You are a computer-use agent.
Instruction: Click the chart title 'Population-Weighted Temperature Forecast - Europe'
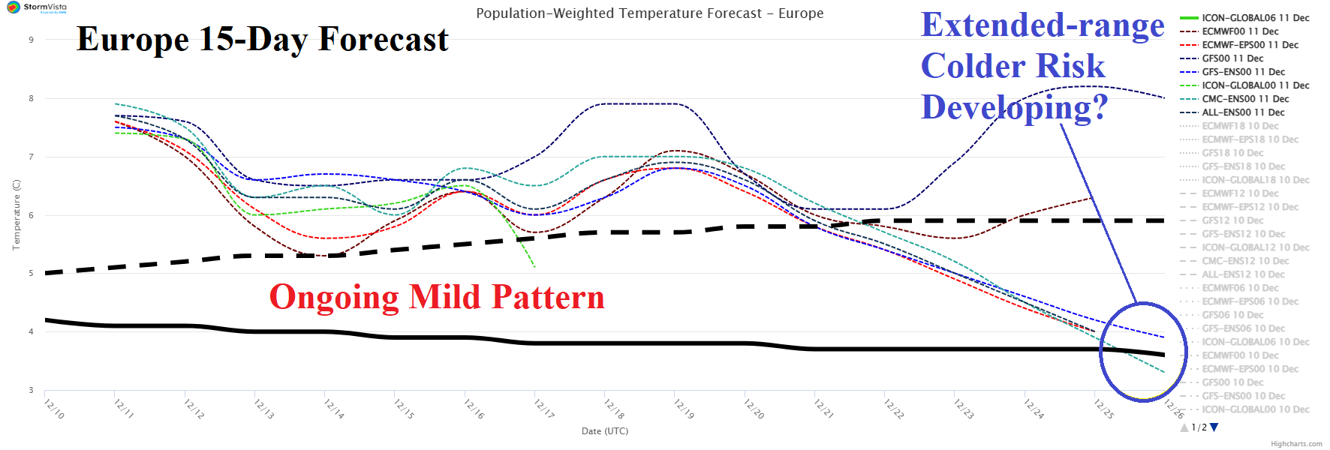click(x=649, y=13)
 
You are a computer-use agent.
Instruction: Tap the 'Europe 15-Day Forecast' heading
click(x=262, y=39)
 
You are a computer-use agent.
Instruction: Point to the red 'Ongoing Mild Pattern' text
click(x=436, y=297)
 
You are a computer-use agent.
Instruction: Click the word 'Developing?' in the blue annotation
click(x=1014, y=107)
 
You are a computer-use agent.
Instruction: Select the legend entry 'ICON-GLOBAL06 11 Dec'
click(x=1255, y=18)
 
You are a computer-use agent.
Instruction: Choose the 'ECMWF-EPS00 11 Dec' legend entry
click(x=1250, y=45)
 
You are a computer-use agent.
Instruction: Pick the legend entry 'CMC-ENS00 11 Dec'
click(x=1245, y=99)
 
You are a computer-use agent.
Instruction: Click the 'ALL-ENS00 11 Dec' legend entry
click(x=1243, y=112)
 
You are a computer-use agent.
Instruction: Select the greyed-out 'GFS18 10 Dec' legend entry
click(x=1232, y=153)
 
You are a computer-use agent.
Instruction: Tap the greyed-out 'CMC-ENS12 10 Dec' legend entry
click(x=1245, y=261)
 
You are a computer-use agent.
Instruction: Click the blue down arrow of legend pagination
click(x=1214, y=427)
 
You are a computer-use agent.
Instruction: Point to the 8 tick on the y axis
click(x=32, y=98)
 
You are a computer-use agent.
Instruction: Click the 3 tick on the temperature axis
click(x=32, y=390)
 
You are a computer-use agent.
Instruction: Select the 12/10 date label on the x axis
click(x=54, y=409)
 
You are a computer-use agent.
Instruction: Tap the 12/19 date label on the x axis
click(x=684, y=409)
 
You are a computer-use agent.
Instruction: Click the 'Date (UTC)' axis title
click(x=604, y=431)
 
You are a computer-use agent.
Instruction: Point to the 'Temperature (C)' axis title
click(x=16, y=214)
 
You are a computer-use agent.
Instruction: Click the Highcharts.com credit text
click(x=1296, y=444)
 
